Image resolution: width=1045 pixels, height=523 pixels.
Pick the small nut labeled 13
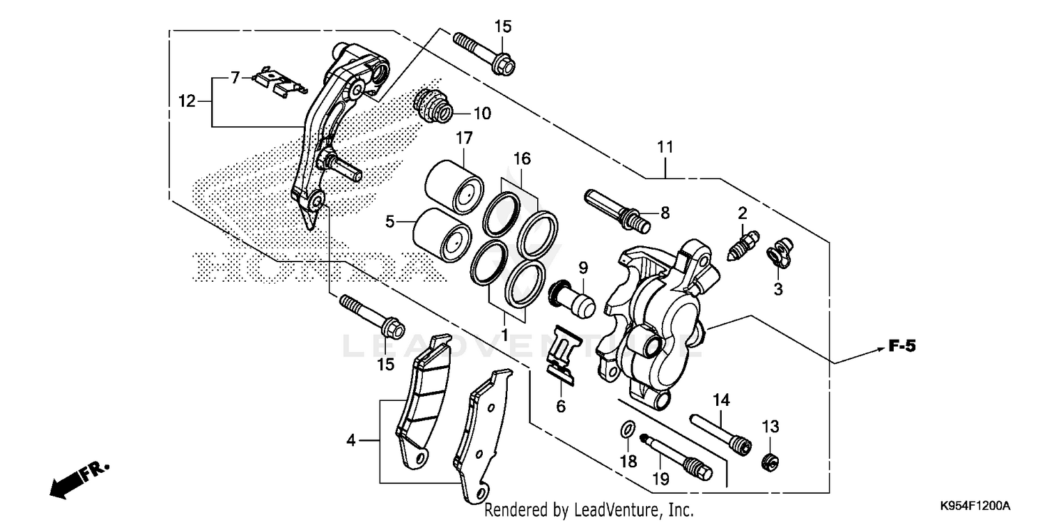(x=771, y=460)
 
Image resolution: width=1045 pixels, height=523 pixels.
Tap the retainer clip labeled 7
(x=276, y=78)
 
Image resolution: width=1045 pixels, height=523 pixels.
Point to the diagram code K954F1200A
(x=975, y=505)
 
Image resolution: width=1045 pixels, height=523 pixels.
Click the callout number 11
(x=665, y=147)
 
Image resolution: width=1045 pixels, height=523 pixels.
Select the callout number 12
(x=185, y=101)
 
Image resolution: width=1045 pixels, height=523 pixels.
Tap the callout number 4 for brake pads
(x=351, y=440)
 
